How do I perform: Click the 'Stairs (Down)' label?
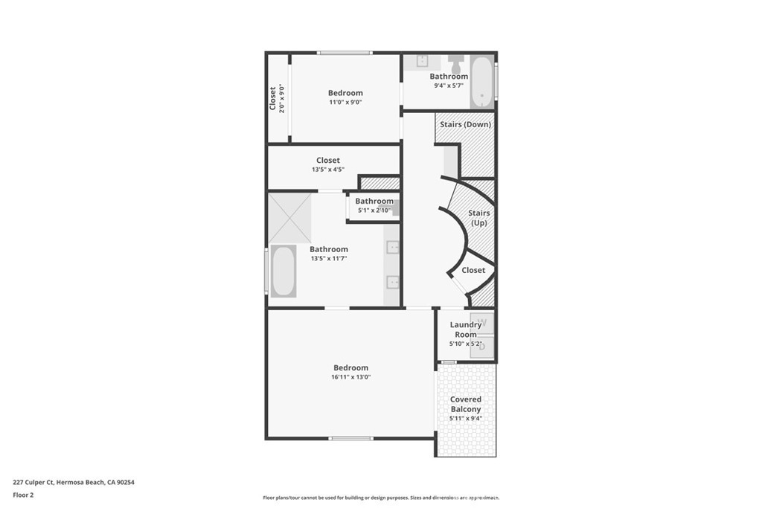tap(465, 124)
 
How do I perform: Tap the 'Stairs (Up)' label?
tap(478, 218)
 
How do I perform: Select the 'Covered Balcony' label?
tap(466, 404)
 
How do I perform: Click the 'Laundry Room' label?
tap(465, 329)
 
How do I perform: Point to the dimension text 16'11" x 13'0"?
tap(351, 377)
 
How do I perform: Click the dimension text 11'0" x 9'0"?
tap(345, 102)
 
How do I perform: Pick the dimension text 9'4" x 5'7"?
tap(449, 86)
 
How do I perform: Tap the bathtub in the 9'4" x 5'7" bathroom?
tap(481, 83)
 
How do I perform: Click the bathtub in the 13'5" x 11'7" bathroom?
tap(284, 271)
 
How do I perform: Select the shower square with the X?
tap(289, 219)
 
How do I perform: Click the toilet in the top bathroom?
tap(456, 64)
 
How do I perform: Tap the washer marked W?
tap(482, 323)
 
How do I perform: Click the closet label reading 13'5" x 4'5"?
tap(328, 170)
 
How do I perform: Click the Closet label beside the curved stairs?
tap(473, 270)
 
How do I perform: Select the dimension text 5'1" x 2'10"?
tap(374, 210)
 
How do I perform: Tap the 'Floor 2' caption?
tap(23, 495)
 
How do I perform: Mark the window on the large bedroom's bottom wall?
tap(351, 439)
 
